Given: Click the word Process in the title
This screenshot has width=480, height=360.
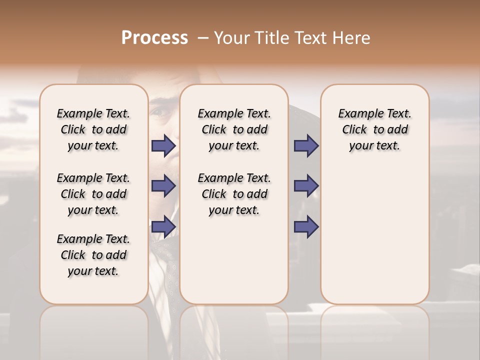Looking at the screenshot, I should click(154, 38).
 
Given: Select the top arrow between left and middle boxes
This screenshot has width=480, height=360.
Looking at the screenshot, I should click(163, 145).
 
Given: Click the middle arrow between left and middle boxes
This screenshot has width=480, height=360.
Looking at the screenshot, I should click(163, 186).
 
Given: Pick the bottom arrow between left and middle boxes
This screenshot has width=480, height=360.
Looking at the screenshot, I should click(163, 226).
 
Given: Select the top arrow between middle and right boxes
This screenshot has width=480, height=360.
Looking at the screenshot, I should click(306, 145).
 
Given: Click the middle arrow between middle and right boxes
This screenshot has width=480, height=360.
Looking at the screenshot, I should click(306, 186).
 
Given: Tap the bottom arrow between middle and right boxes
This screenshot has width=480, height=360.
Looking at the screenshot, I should click(306, 226).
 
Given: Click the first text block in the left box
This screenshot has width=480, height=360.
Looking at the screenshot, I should click(93, 129).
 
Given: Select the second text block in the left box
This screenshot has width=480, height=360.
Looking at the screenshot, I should click(93, 194).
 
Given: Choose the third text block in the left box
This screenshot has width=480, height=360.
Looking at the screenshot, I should click(93, 255).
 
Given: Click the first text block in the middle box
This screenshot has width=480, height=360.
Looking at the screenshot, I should click(234, 129).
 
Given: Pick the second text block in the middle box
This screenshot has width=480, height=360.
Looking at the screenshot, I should click(234, 194).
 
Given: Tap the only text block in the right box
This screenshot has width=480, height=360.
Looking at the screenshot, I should click(374, 129).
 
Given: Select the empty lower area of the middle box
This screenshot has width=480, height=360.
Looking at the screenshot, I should click(234, 260).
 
